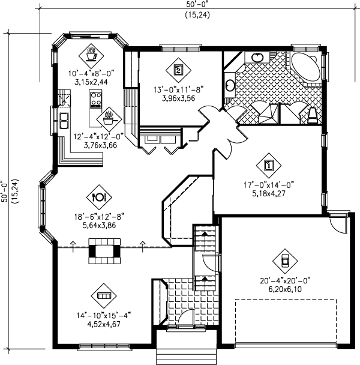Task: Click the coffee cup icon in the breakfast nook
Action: click(x=92, y=54)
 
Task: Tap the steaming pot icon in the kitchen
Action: click(x=109, y=116)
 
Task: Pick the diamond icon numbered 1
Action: click(x=268, y=163)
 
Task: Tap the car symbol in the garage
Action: click(x=284, y=260)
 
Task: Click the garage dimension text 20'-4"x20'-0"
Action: click(x=283, y=279)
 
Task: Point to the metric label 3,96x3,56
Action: click(x=178, y=98)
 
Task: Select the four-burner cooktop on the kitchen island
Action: click(x=95, y=99)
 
